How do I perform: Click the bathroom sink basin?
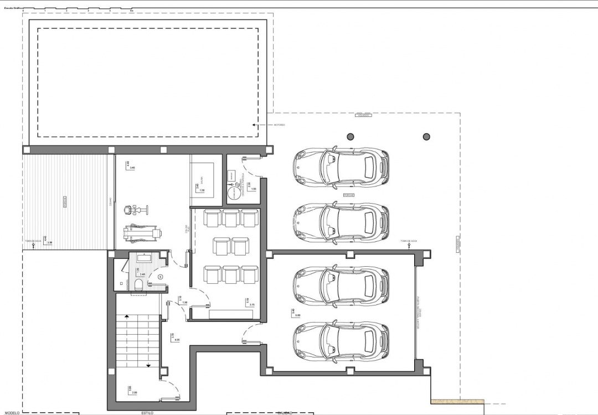coord(146,258)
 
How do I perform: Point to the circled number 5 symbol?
coord(160,276)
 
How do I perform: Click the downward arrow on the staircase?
coord(148,365)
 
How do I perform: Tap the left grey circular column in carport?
coord(350,136)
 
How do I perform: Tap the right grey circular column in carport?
coord(426,136)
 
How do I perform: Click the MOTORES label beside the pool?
coord(280,125)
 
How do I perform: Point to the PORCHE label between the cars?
coord(348,195)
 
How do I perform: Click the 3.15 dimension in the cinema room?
coord(252,305)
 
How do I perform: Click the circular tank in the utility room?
coord(236,194)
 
